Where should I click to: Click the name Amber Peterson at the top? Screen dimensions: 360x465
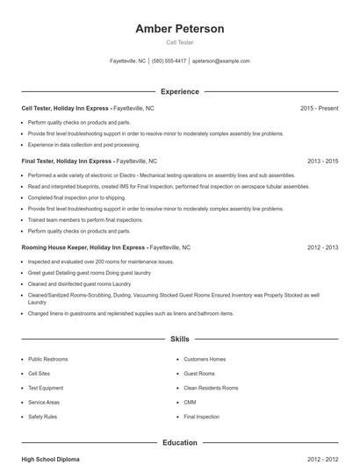179,29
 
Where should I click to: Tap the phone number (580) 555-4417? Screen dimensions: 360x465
169,61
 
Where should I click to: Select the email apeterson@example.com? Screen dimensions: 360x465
221,61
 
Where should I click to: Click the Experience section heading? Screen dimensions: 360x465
179,91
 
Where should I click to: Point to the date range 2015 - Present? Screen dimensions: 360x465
319,108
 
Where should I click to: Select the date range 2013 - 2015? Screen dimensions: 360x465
322,161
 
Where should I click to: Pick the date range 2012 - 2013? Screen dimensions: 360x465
322,247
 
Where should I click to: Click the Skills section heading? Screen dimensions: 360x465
179,338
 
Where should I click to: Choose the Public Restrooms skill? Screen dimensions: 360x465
48,359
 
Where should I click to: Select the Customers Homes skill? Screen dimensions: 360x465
205,359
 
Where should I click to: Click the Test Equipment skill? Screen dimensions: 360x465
46,388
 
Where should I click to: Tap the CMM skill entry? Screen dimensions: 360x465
190,402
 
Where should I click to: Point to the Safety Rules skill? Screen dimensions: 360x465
42,417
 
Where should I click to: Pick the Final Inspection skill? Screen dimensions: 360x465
202,417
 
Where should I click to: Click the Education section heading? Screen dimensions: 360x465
179,442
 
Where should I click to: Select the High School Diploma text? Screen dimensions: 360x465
51,459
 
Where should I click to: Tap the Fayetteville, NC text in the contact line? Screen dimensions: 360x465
127,61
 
